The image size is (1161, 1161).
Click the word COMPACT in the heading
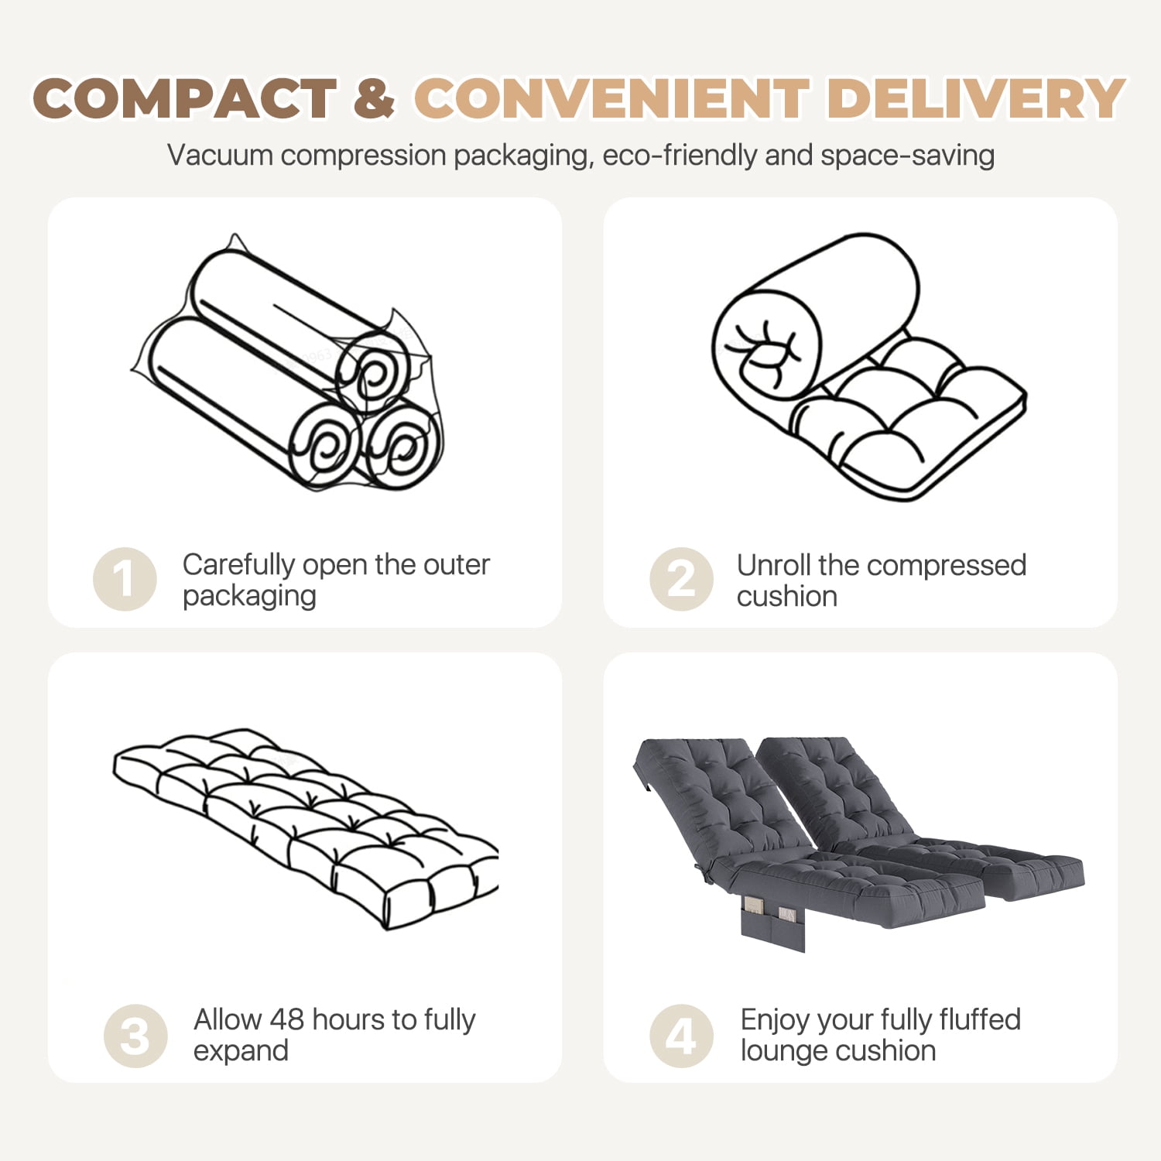click(185, 99)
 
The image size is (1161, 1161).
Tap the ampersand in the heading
click(375, 99)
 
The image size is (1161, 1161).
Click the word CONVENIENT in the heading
click(612, 99)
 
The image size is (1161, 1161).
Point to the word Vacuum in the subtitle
click(221, 156)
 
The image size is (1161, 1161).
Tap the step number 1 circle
click(125, 579)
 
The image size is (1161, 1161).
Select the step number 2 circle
click(681, 579)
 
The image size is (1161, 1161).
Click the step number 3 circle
click(135, 1036)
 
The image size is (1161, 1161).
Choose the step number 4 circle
click(681, 1036)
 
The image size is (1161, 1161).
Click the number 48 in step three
click(286, 1019)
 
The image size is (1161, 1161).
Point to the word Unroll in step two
click(773, 565)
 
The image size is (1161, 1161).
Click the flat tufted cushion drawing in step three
click(307, 828)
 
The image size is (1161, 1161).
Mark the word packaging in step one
click(249, 597)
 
